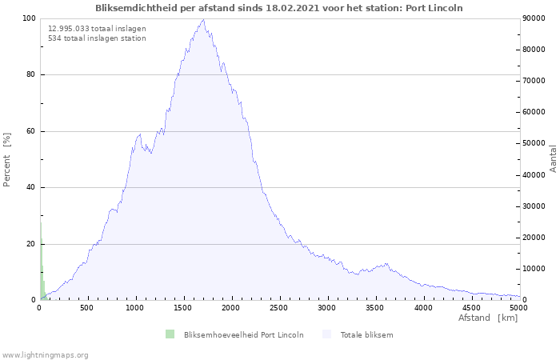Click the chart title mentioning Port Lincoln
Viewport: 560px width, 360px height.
279,8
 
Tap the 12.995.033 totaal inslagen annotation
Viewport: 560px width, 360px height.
97,28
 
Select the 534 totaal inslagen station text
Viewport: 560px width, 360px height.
97,38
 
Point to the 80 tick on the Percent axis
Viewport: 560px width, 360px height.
30,75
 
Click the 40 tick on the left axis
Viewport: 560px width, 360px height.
30,188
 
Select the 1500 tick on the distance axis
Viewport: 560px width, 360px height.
183,307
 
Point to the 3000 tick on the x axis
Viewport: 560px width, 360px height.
327,307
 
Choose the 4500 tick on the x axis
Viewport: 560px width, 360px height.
471,307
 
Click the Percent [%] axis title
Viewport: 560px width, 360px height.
7,159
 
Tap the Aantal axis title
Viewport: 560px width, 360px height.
554,159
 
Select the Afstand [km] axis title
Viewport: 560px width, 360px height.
487,318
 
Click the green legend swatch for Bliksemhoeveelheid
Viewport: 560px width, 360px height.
170,334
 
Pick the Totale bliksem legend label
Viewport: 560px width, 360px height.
366,334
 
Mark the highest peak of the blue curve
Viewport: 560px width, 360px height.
203,20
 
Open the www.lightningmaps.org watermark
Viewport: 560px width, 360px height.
46,355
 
